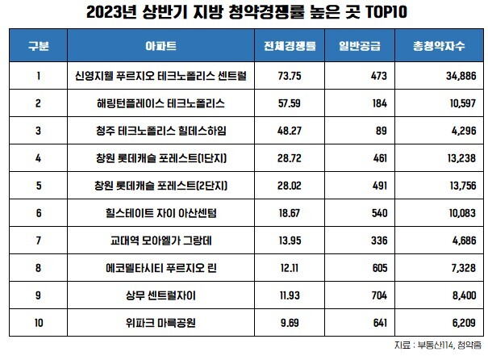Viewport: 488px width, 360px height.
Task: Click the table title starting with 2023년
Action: coord(244,13)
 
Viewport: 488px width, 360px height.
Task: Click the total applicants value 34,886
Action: coord(448,76)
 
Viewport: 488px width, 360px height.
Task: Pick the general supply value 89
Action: coord(382,133)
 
